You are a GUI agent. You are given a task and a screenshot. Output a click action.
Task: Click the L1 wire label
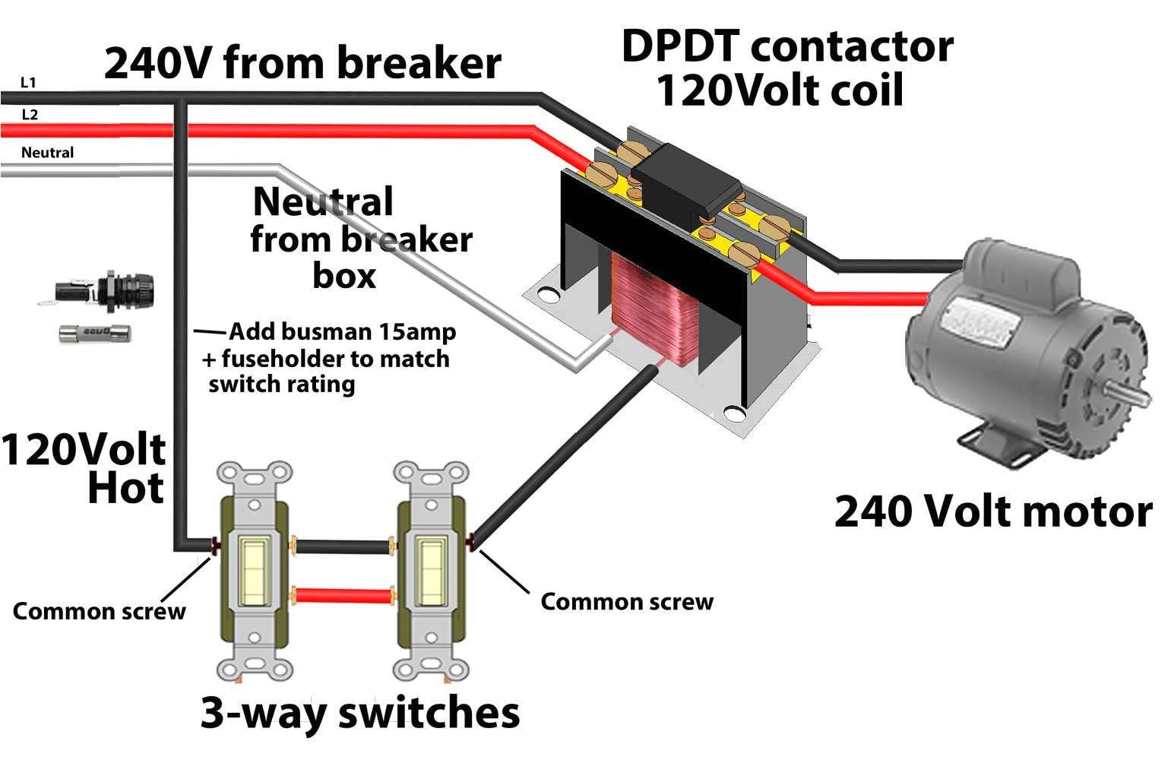[x=28, y=82]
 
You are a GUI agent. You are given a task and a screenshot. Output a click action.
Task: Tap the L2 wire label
[x=30, y=115]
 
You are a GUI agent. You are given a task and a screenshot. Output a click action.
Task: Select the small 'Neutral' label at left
[x=47, y=153]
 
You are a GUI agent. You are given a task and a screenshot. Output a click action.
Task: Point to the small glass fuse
[x=95, y=334]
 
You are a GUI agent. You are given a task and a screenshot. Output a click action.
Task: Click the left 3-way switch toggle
[x=254, y=571]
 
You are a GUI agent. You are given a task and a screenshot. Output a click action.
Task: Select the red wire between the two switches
[x=342, y=595]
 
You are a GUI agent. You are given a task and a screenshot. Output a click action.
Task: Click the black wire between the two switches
[x=342, y=546]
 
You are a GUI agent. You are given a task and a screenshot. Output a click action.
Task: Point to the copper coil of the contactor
[x=643, y=304]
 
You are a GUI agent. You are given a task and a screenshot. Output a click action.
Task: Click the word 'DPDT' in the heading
[x=679, y=47]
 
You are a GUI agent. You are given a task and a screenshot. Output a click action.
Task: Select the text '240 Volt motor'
[x=992, y=511]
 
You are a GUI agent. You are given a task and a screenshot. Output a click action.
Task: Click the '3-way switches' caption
[x=360, y=713]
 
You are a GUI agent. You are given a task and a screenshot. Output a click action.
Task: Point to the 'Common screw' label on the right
[x=627, y=602]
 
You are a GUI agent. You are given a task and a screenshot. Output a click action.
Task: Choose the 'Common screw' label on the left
[x=99, y=612]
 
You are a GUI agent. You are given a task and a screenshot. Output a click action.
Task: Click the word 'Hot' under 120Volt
[x=125, y=488]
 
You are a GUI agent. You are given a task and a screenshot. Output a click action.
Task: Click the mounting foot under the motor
[x=995, y=445]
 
